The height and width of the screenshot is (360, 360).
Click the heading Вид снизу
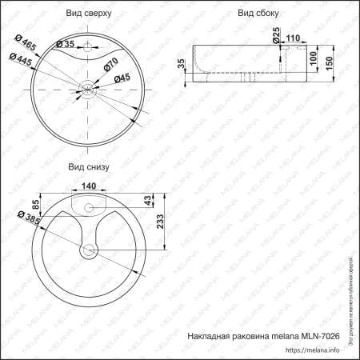[88, 167]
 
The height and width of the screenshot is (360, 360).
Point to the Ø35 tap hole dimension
[66, 45]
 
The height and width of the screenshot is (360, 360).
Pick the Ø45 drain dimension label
[122, 78]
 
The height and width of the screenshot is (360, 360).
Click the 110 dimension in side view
[294, 38]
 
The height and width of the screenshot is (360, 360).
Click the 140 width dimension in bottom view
[89, 186]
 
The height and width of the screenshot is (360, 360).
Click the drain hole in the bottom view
[88, 252]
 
